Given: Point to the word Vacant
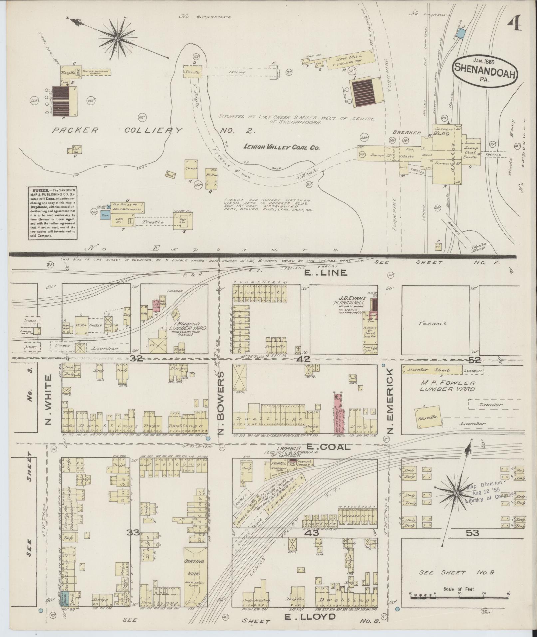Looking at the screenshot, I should pos(433,323).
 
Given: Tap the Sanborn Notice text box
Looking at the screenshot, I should pos(52,213).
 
